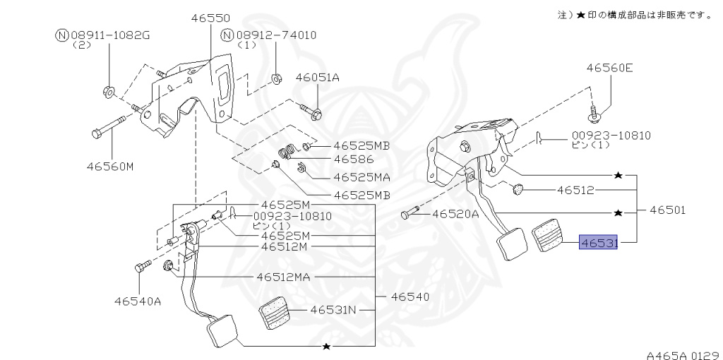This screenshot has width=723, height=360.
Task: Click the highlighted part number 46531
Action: click(599, 243)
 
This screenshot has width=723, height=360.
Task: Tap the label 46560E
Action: click(609, 68)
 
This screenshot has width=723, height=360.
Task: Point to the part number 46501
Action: click(668, 210)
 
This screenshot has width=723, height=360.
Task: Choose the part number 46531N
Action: click(334, 309)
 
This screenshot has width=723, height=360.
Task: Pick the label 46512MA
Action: click(284, 277)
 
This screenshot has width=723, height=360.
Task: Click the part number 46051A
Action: click(317, 78)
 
